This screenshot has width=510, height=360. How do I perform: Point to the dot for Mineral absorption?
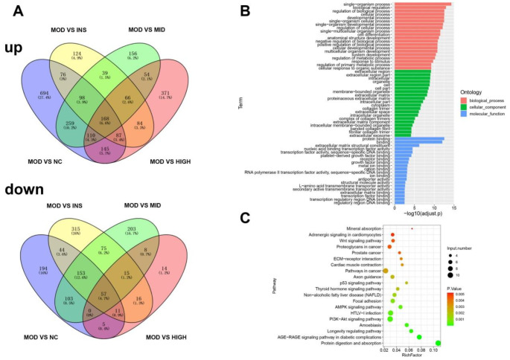[411, 228]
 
